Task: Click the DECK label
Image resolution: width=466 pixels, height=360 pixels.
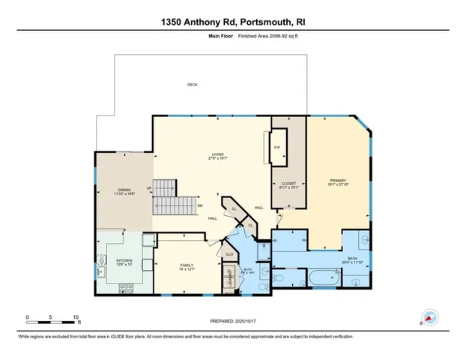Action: click(193, 85)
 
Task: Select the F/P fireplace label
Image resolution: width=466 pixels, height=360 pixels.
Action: click(276, 147)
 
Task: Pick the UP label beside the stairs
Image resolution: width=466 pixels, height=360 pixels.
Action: click(149, 188)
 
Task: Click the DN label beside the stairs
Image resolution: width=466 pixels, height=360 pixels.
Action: click(199, 206)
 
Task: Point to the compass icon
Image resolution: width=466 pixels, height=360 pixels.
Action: click(429, 318)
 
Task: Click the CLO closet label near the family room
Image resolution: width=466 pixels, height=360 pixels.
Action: click(229, 254)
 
